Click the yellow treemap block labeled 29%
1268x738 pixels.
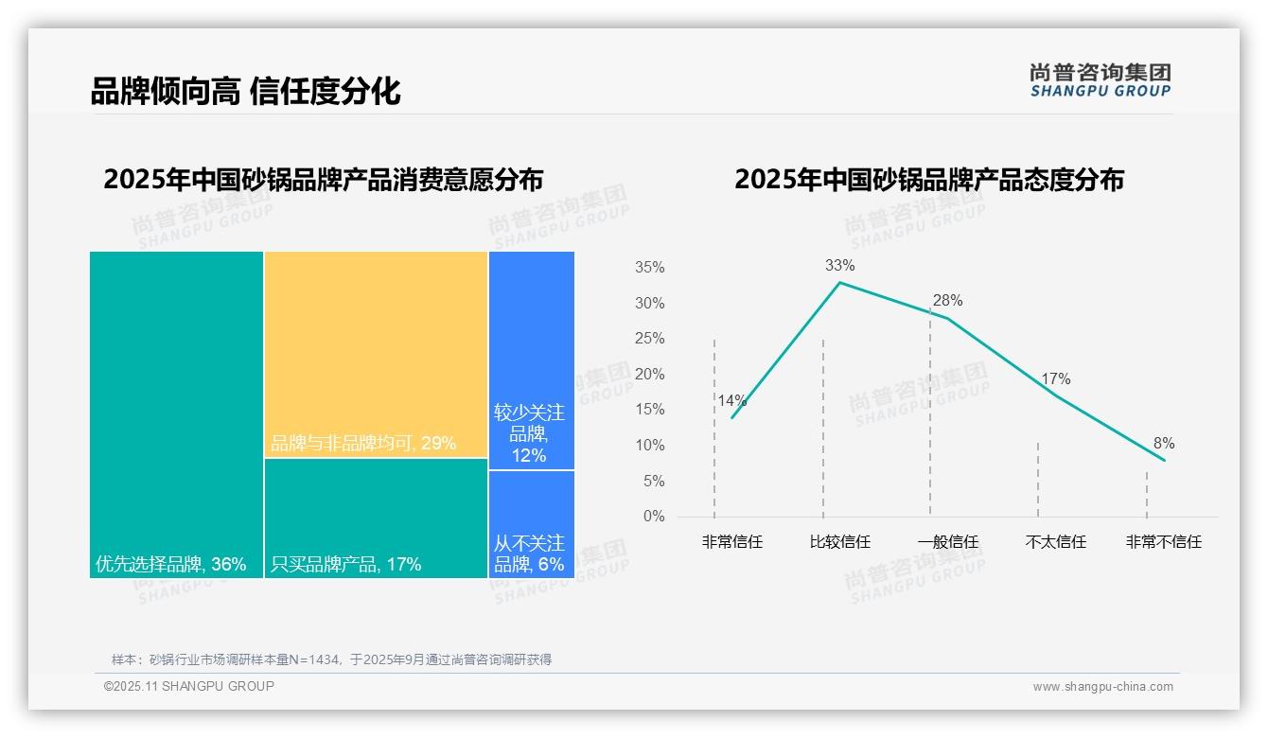tap(376, 354)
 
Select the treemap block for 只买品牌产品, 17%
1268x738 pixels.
tap(376, 518)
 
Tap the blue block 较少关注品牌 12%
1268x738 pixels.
tap(531, 360)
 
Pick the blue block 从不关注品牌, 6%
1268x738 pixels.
tap(531, 523)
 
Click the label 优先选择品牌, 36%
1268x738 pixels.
tap(171, 565)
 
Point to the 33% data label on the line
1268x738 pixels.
tap(839, 265)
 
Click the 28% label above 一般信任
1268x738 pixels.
tap(947, 301)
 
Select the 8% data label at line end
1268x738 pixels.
tap(1163, 444)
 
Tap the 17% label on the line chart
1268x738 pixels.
tap(1055, 379)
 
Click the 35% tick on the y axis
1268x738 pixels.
tap(649, 268)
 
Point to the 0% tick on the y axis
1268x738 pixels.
tap(654, 517)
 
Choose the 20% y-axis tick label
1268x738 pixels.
tap(649, 375)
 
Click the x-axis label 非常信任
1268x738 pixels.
tap(731, 542)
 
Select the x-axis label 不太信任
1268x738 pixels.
tap(1055, 542)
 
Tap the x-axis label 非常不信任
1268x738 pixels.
tap(1163, 542)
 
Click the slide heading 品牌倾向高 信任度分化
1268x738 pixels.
tap(245, 91)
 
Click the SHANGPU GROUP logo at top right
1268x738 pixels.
tap(1101, 80)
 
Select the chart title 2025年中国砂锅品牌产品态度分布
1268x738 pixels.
tap(928, 180)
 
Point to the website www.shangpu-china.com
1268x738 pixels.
tap(1102, 687)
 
